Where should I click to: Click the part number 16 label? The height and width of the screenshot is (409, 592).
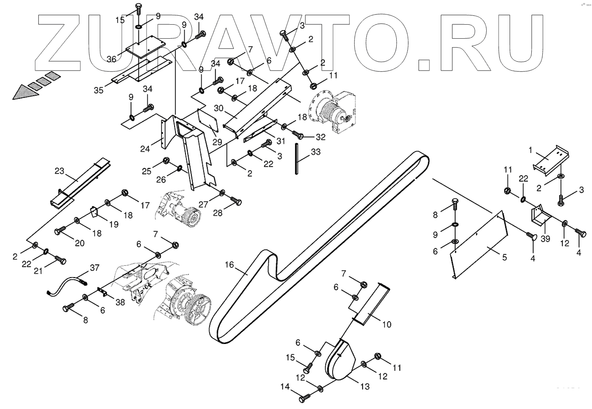point(229,265)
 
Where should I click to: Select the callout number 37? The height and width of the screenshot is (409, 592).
point(94,267)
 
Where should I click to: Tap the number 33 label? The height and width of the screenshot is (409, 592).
point(316,152)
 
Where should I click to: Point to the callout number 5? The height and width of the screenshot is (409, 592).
point(505,257)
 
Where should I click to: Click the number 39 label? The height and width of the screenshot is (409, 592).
point(545,239)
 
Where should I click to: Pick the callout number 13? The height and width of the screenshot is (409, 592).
point(365,386)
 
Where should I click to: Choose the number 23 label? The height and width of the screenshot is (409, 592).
point(59,171)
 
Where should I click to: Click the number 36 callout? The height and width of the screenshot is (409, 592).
point(111,59)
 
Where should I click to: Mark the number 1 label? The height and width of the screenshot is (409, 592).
point(530,150)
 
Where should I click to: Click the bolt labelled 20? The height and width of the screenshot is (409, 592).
point(59,230)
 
